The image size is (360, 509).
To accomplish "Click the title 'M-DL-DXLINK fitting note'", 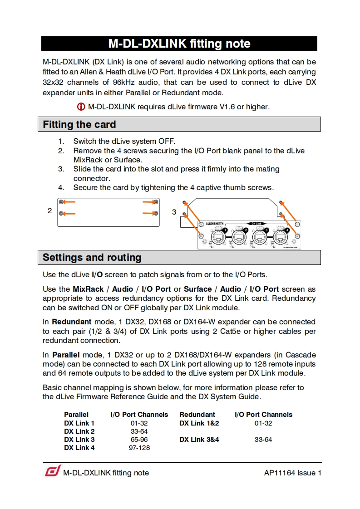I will pos(179,44).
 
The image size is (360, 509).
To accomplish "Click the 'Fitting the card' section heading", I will pos(79,124).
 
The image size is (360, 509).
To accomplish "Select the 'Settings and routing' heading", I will pos(92,258).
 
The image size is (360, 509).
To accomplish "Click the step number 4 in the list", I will pos(61,187).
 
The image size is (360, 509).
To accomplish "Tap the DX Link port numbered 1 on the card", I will pos(217,236).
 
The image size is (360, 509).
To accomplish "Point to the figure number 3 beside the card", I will pos(174,212).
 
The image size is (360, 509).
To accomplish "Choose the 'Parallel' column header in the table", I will pos(76,415).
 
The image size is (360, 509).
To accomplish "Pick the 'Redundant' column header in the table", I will pos(197,415).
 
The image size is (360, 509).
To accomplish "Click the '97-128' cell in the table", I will pos(139,448).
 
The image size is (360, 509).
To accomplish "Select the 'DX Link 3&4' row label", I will pos(199,440).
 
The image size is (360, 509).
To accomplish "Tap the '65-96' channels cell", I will pos(139,440).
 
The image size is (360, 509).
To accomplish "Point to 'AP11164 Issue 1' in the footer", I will pos(293,473).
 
